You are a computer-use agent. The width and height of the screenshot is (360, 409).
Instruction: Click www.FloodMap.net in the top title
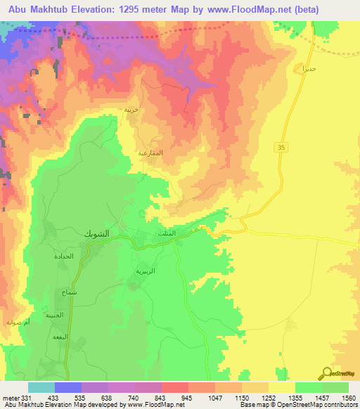point(233,10)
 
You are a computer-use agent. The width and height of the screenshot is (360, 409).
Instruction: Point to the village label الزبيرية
point(146,270)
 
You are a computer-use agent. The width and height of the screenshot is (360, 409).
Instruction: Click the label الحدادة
point(64,257)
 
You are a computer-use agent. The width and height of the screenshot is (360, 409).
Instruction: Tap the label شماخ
point(69,291)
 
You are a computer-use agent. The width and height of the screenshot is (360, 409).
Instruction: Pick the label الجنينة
point(56,316)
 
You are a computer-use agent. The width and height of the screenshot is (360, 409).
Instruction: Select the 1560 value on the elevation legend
point(347,397)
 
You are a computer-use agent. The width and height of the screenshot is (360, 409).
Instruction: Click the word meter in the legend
point(8,397)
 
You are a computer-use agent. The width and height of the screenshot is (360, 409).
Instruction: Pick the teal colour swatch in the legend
point(41,387)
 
